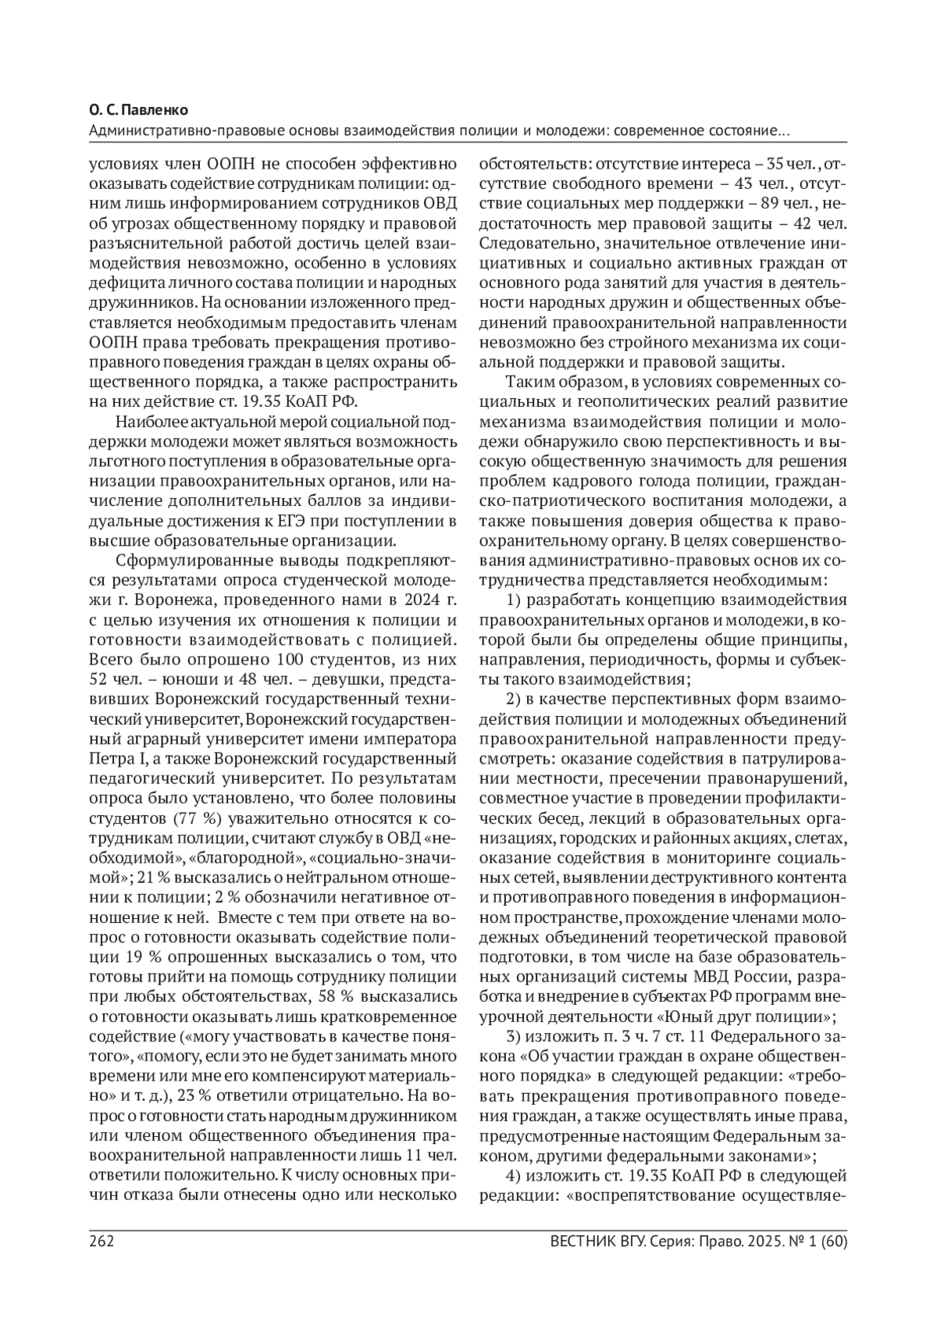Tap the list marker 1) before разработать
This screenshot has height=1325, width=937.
[515, 600]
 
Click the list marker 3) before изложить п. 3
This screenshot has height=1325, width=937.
[515, 1037]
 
